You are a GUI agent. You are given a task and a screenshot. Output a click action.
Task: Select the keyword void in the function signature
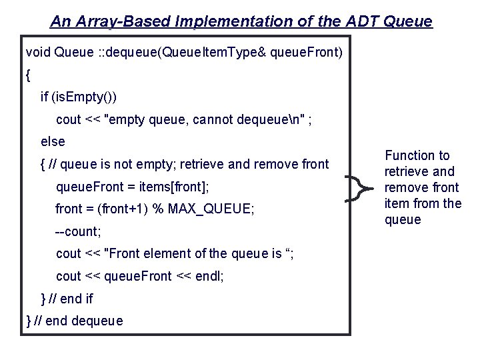37,52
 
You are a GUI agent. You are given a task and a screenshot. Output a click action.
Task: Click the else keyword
53,141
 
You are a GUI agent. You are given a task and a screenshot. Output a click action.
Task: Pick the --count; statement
78,232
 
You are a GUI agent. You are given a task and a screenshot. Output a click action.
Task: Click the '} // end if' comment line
67,299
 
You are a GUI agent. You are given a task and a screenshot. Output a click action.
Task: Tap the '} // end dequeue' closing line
74,321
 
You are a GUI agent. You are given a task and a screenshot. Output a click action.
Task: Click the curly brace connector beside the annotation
361,188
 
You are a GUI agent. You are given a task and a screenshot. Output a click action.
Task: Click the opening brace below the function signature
28,75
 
